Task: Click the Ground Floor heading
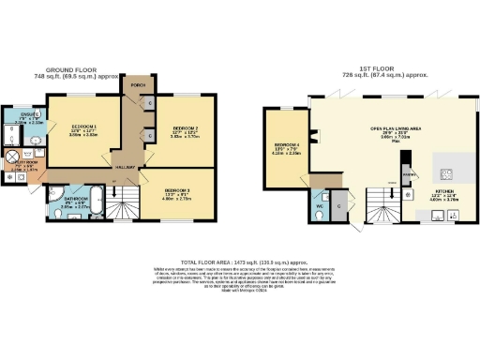[x=85, y=68]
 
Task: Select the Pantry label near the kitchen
[x=408, y=176]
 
